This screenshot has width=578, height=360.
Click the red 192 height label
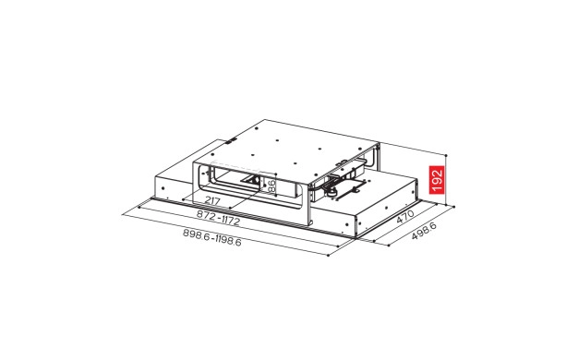pyautogui.click(x=437, y=180)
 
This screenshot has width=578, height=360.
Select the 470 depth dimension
pyautogui.click(x=405, y=216)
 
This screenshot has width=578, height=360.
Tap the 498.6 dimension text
pyautogui.click(x=424, y=231)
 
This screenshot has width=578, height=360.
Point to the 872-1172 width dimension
pyautogui.click(x=218, y=218)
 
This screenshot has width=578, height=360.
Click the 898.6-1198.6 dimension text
pyautogui.click(x=212, y=237)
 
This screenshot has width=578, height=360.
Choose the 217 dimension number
pyautogui.click(x=212, y=201)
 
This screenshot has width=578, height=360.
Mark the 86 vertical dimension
pyautogui.click(x=271, y=186)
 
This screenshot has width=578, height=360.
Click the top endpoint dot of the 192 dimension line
pyautogui.click(x=446, y=155)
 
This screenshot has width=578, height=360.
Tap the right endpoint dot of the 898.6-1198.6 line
pyautogui.click(x=328, y=255)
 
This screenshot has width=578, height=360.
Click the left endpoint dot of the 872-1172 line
pyautogui.click(x=139, y=207)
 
